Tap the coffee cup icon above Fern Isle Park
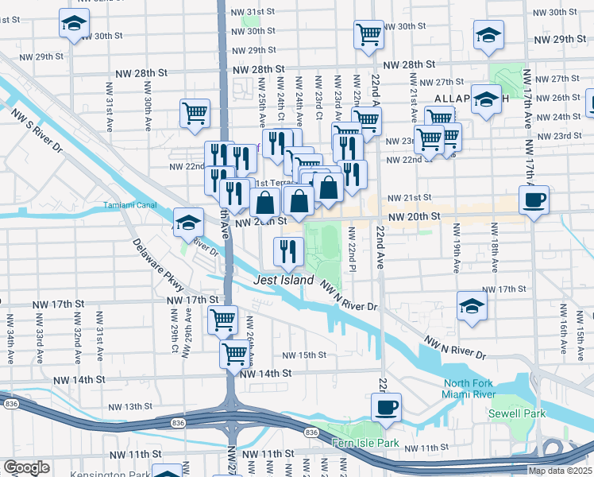(386, 408)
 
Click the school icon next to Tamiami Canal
(189, 223)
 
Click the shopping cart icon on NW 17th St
(223, 320)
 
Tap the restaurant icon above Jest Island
(288, 251)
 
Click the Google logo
(27, 467)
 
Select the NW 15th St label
(306, 355)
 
